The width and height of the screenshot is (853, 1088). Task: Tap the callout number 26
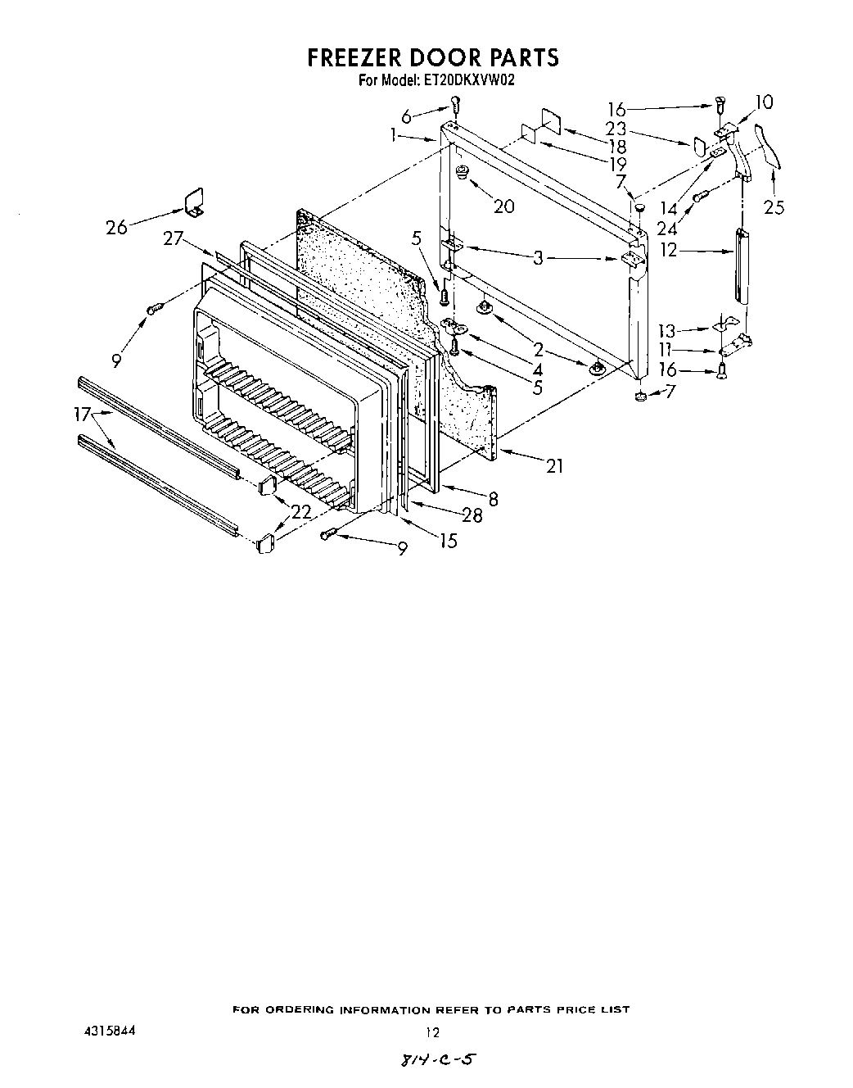(117, 227)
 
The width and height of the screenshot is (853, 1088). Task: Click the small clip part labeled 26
(193, 202)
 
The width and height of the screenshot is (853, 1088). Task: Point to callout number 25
(774, 207)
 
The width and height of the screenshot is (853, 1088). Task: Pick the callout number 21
(555, 466)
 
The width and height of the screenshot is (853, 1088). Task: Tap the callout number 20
(504, 206)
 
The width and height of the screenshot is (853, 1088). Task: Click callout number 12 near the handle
(670, 250)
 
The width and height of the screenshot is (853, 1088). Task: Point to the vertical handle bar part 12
(742, 266)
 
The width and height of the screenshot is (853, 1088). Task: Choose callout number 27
(173, 238)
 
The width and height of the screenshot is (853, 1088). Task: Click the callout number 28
(472, 515)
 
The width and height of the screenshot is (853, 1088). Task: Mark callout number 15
(448, 541)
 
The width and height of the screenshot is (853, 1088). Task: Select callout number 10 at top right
(763, 102)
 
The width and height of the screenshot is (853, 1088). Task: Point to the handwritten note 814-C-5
(436, 1060)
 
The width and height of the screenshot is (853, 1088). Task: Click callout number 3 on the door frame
(538, 259)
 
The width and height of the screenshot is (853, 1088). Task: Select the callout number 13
(668, 332)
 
